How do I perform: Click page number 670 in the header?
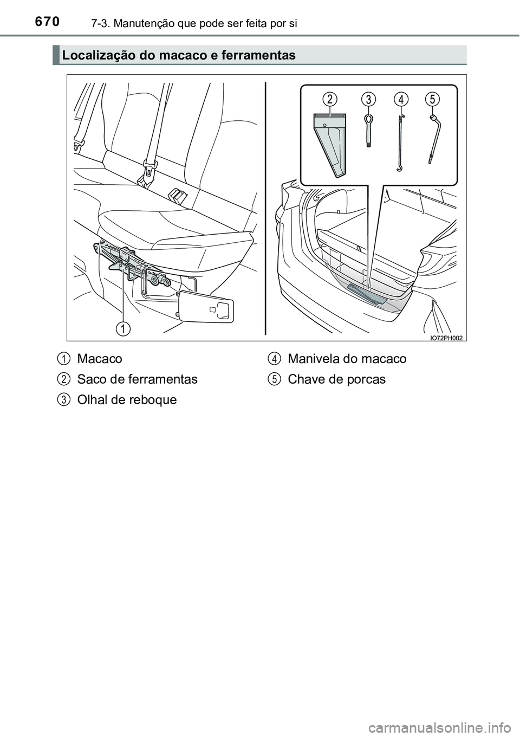[x=47, y=22]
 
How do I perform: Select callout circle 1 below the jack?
[x=123, y=329]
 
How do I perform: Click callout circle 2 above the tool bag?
[x=330, y=99]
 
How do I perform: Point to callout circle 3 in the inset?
[x=368, y=99]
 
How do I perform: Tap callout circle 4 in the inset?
[x=401, y=99]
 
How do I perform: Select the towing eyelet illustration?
[x=369, y=130]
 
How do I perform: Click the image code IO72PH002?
[x=446, y=338]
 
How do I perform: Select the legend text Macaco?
[x=99, y=359]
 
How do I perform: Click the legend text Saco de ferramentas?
[x=137, y=379]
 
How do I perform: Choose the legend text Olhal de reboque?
[x=127, y=400]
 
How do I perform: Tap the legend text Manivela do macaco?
[x=347, y=359]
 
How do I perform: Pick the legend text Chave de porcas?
[x=336, y=379]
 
